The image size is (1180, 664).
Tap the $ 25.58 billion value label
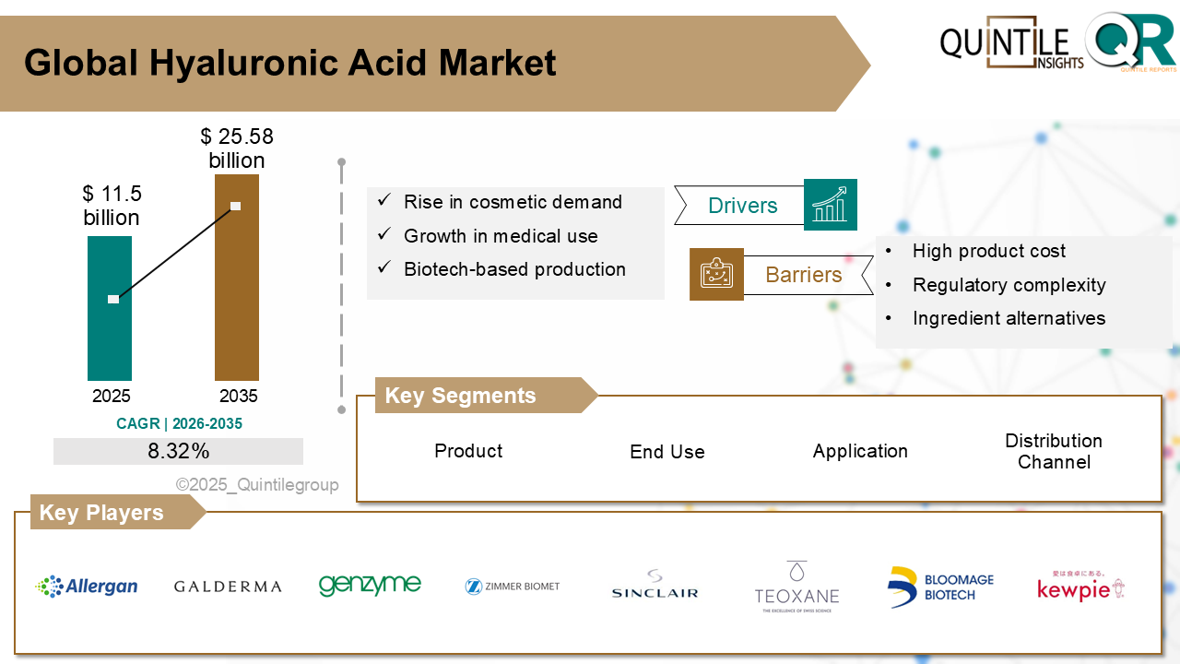(x=237, y=148)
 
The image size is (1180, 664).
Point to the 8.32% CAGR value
(x=178, y=451)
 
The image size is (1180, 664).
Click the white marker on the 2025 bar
(x=113, y=299)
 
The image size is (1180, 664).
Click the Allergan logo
(x=87, y=587)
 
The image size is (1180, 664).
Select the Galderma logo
(x=228, y=587)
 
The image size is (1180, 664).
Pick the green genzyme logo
(x=370, y=585)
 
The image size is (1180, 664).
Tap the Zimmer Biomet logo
(x=513, y=586)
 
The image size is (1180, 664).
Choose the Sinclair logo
(x=655, y=585)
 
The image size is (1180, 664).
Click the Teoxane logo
(x=796, y=587)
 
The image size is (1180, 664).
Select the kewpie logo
(x=1080, y=587)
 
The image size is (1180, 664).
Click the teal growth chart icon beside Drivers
(x=830, y=205)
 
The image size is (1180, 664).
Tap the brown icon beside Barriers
(x=716, y=274)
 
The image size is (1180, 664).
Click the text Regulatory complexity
(x=1009, y=285)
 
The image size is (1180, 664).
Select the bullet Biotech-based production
(x=514, y=269)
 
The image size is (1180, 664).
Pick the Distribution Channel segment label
(x=1054, y=451)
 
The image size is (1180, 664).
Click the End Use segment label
(x=667, y=452)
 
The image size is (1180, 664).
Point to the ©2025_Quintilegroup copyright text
(x=257, y=485)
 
